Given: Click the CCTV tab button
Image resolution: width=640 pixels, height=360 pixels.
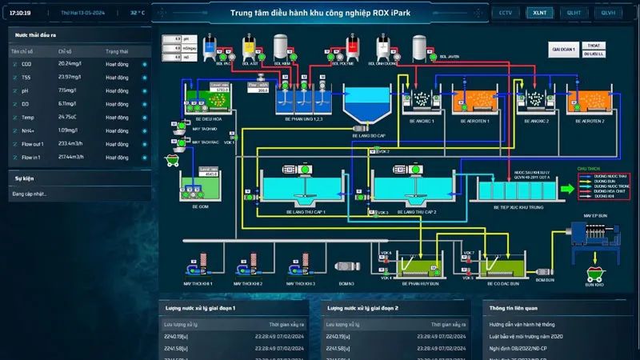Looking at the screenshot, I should tap(506, 13).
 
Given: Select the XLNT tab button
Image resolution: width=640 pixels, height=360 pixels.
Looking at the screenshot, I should tap(539, 13).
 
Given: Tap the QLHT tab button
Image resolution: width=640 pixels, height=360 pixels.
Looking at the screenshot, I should tap(574, 13).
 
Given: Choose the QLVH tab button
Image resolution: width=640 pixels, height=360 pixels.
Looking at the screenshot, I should tap(608, 13).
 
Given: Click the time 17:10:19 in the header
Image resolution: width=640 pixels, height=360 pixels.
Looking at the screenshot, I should tap(21, 13).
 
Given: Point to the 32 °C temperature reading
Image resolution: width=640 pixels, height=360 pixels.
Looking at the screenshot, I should tap(138, 13).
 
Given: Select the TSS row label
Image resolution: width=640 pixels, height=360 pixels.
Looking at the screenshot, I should tap(26, 78).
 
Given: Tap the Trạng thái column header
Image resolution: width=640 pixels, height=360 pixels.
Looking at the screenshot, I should tap(117, 51).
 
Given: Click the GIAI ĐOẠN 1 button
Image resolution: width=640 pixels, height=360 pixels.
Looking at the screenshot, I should tap(563, 50).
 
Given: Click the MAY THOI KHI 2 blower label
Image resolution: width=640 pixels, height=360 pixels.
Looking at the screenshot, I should tap(248, 283).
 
